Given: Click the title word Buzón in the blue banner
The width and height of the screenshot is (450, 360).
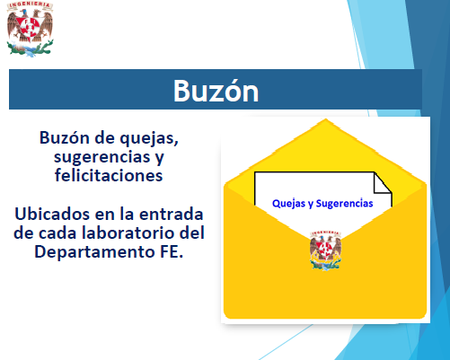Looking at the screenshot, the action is [x=216, y=91].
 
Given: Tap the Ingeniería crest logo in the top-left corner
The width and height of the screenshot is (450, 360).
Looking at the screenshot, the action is [x=30, y=29].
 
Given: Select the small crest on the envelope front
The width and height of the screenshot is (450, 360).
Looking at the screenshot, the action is [x=325, y=250].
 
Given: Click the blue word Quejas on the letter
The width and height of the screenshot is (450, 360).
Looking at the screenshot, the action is [x=289, y=204].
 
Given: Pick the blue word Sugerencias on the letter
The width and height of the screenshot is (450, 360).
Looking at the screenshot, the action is [x=344, y=204].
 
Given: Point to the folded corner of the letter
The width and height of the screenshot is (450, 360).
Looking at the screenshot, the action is [x=383, y=182].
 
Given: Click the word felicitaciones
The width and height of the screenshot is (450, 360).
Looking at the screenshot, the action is [x=109, y=175].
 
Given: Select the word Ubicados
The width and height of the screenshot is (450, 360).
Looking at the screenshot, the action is [x=52, y=214].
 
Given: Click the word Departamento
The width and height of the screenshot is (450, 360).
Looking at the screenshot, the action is [x=95, y=252].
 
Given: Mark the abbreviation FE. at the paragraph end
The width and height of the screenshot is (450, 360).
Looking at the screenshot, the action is [x=172, y=252].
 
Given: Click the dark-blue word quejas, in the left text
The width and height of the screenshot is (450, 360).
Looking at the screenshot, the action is [x=149, y=139].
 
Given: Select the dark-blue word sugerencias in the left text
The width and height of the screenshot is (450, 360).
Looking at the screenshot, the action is [x=102, y=157].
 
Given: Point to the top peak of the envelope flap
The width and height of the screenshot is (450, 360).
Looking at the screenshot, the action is [x=325, y=119].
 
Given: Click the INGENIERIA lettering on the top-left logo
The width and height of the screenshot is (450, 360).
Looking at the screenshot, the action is [x=30, y=5].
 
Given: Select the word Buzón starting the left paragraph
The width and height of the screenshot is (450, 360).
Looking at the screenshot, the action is [x=65, y=138].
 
